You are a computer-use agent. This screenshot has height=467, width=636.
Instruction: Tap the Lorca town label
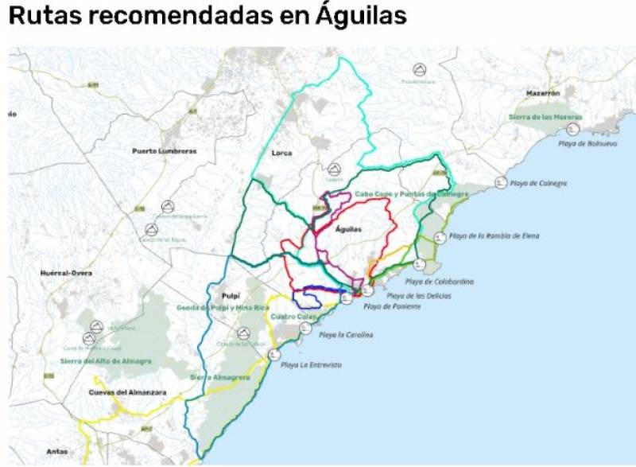tap(281, 153)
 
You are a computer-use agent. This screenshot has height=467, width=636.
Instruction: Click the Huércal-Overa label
tap(66, 273)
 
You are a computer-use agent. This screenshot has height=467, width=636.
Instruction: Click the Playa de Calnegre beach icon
tap(500, 182)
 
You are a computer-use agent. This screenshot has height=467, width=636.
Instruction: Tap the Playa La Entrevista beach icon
tap(274, 354)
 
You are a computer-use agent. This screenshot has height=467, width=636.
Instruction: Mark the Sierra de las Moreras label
tap(545, 116)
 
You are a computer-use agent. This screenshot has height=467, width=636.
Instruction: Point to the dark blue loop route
tap(307, 298)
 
